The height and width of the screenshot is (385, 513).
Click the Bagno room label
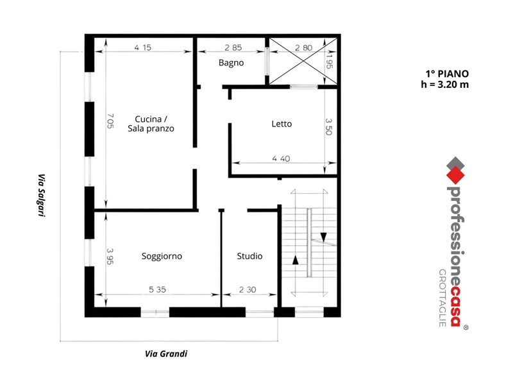(x=231, y=63)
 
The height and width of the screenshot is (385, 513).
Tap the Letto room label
(x=282, y=124)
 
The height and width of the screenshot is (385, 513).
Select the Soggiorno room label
(x=162, y=256)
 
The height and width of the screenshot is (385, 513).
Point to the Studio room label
(x=249, y=256)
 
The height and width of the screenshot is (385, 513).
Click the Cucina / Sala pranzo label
(x=151, y=124)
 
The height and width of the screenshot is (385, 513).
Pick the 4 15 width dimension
(x=142, y=47)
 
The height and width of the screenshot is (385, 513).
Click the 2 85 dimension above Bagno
(x=233, y=47)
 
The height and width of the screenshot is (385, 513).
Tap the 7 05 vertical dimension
(x=110, y=121)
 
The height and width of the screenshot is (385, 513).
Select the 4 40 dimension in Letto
(x=281, y=158)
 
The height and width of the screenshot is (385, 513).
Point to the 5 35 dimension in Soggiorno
(x=157, y=289)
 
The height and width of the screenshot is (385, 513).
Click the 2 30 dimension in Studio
(x=248, y=289)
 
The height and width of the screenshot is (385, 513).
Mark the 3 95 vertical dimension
(x=110, y=256)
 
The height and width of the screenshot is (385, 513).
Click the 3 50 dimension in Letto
(x=329, y=126)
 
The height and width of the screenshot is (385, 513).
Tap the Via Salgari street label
(x=41, y=195)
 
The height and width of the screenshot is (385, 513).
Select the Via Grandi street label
(x=166, y=354)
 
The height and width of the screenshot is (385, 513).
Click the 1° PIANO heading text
(x=447, y=74)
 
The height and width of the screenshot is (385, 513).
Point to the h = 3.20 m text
(x=444, y=85)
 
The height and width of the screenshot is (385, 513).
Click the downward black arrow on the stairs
(x=324, y=237)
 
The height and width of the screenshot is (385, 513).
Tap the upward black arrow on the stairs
(x=296, y=260)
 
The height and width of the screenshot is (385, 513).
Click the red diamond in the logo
(x=456, y=175)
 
